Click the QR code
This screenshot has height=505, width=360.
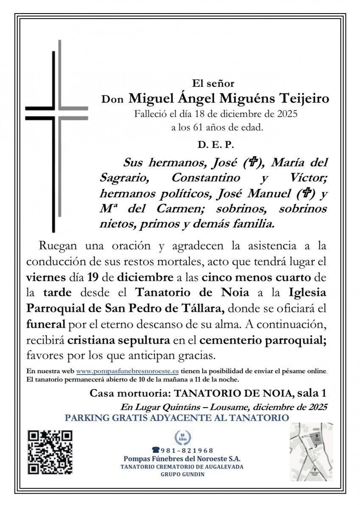[50, 452]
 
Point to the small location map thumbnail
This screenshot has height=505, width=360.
[311, 452]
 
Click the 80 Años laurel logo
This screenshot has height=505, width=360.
[183, 437]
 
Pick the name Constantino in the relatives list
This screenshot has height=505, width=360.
[206, 178]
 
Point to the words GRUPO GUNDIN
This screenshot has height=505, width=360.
[182, 474]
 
